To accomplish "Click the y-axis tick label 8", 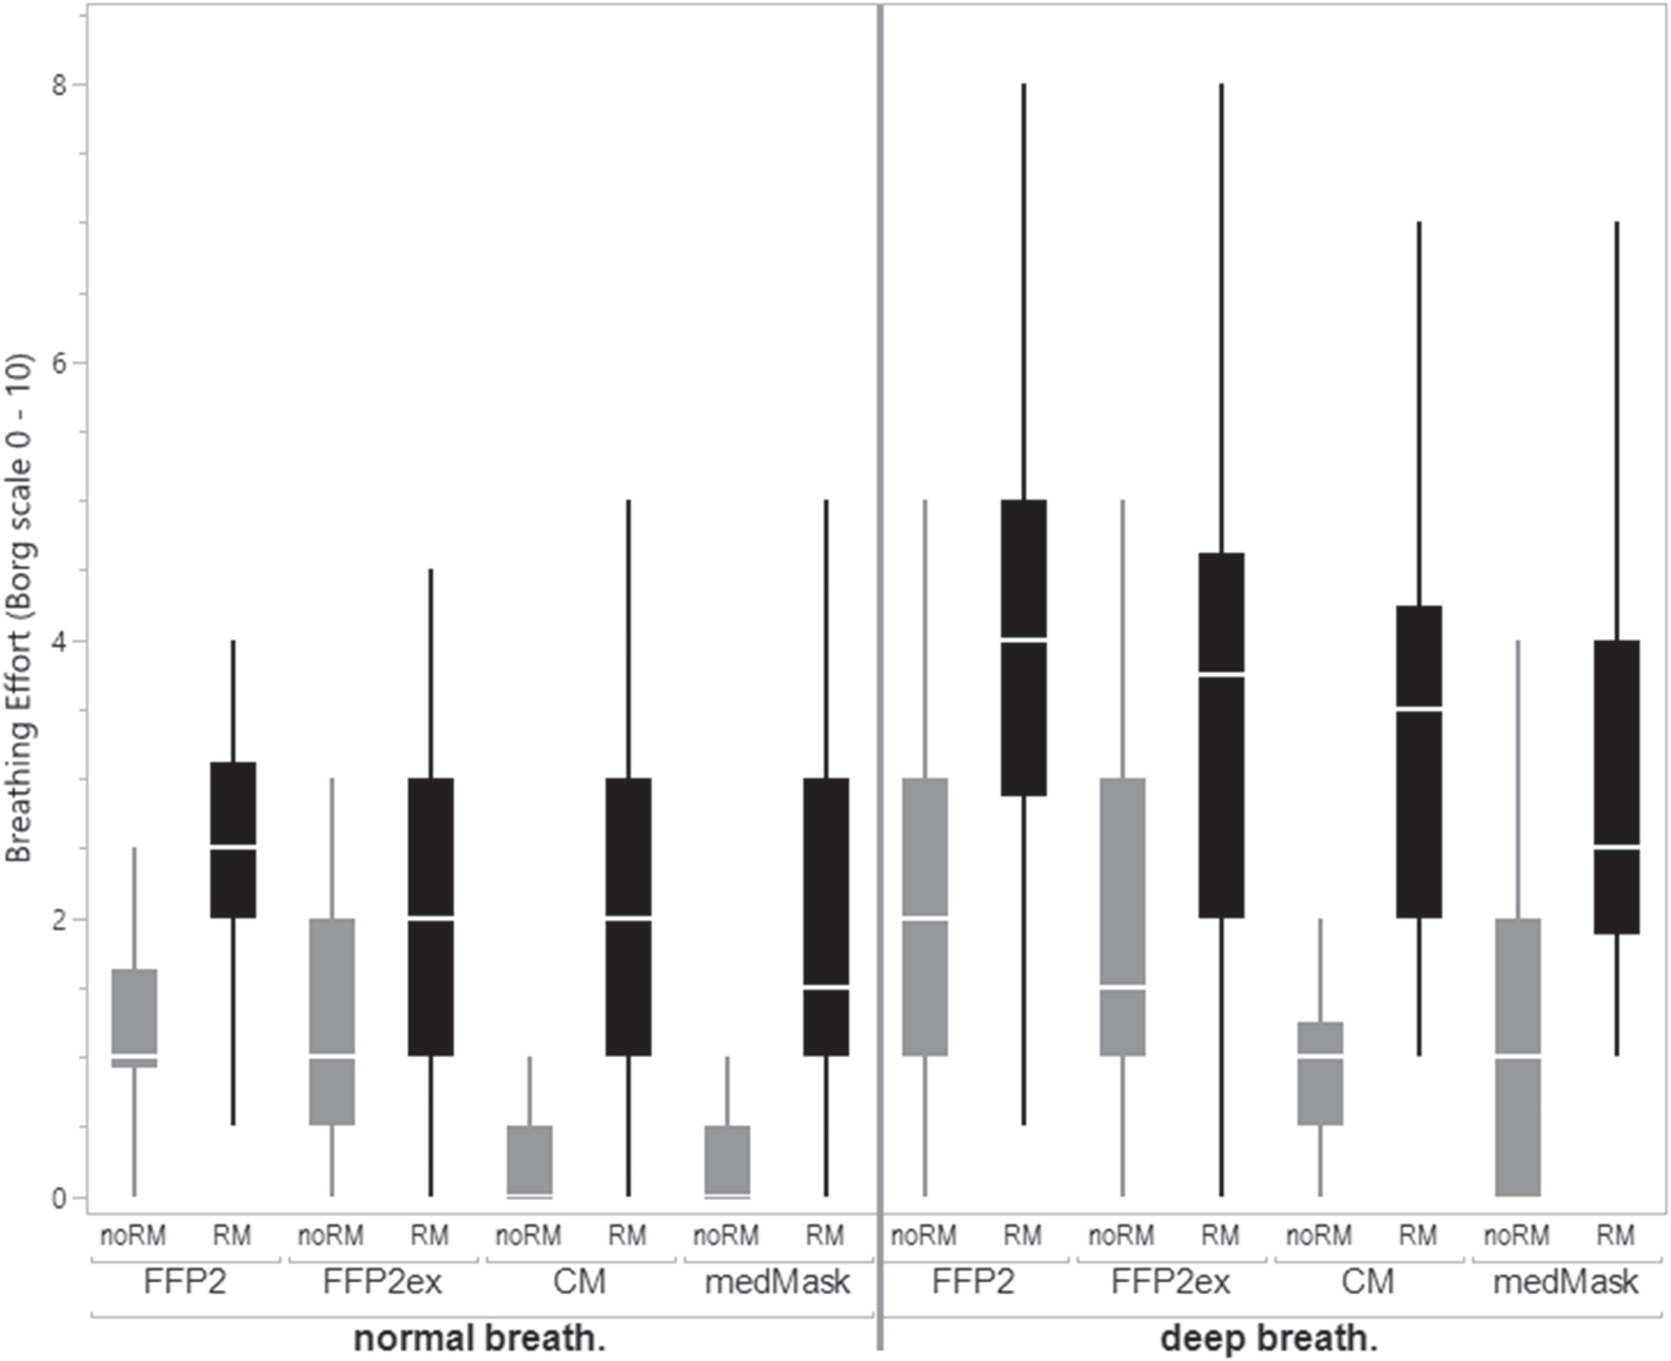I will (59, 85).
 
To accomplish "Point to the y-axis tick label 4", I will (59, 642).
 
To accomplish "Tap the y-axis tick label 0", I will (59, 1199).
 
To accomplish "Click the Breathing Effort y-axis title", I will (19, 607).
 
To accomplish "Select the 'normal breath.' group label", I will (479, 1339).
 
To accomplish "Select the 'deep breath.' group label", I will (1269, 1339).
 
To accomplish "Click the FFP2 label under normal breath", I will (185, 1282).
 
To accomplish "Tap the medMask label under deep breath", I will (1565, 1282).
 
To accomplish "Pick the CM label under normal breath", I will (579, 1282).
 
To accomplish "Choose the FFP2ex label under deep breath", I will (1170, 1282).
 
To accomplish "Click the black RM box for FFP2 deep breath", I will (1023, 719).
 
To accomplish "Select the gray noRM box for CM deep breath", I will (1319, 1088).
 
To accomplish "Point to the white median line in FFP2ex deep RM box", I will (1221, 673).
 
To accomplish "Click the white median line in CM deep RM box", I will (1418, 709).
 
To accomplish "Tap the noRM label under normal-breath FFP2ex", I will (330, 1236).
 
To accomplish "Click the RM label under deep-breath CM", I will (1417, 1236).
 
